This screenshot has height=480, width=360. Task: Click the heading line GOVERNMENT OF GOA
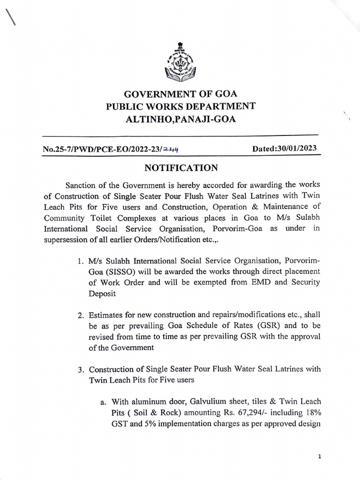180,93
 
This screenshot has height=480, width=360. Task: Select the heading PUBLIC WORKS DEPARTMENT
180,106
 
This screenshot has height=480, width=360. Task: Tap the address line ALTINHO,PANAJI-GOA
180,119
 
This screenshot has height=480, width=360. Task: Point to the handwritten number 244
172,150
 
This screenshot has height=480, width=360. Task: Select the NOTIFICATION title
180,168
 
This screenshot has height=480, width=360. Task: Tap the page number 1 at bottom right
319,456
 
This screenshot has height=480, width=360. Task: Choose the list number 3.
81,369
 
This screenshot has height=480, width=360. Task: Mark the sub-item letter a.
100,402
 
